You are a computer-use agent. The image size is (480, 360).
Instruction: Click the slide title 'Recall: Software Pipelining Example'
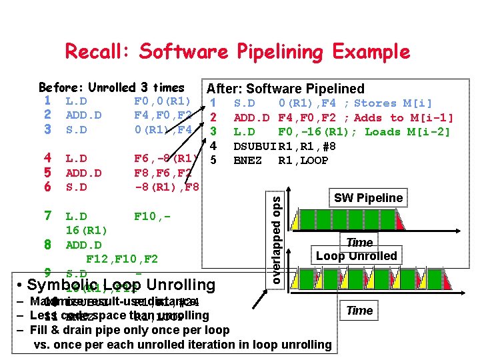(237, 51)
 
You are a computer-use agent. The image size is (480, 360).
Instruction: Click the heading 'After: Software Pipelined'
(285, 89)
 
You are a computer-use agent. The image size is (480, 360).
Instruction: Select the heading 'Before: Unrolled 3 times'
(111, 87)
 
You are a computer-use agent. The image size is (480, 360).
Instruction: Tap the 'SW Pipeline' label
(368, 198)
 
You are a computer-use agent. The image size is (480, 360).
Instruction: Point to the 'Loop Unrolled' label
(356, 256)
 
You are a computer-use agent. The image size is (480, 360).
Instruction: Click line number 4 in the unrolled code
(47, 159)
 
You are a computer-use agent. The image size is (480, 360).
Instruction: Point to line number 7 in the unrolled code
(47, 216)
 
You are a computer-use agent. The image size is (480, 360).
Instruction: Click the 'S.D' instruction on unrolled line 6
(76, 187)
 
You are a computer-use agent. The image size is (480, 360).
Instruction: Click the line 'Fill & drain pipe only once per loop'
(129, 330)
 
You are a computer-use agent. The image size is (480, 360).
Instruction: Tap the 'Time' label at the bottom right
(359, 311)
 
